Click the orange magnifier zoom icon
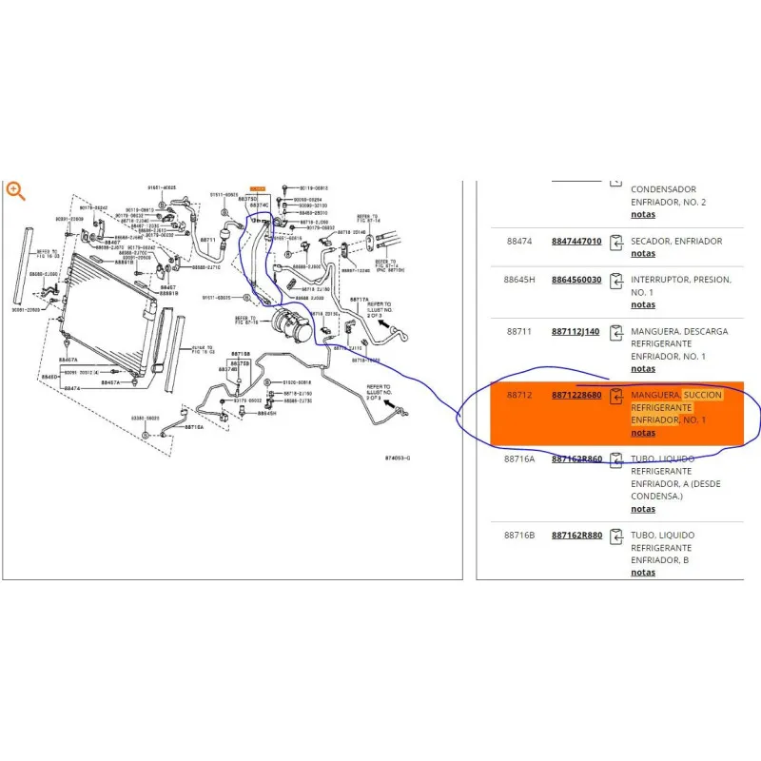[14, 190]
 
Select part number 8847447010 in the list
[576, 242]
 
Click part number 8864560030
[576, 280]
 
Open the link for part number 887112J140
[576, 331]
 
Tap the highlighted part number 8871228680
[576, 395]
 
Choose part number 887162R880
[576, 536]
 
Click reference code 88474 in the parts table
[518, 242]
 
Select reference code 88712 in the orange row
[518, 395]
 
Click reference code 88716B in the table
[520, 536]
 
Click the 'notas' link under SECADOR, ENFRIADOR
[643, 254]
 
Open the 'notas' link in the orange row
[643, 433]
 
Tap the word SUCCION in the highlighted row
[703, 395]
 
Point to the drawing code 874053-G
[399, 458]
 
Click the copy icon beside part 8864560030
[615, 282]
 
